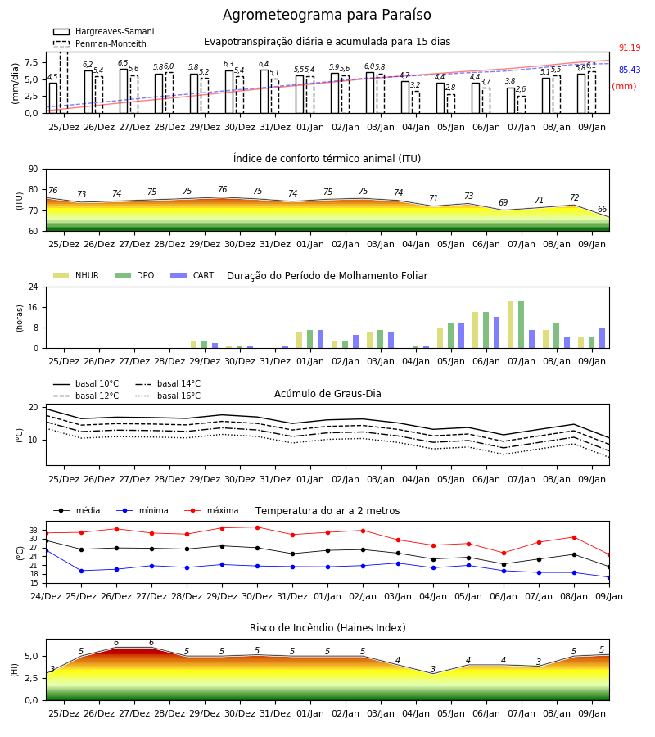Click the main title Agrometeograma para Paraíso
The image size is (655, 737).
pyautogui.click(x=327, y=15)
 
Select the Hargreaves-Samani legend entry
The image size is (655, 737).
pyautogui.click(x=103, y=31)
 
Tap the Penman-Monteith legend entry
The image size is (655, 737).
pyautogui.click(x=100, y=43)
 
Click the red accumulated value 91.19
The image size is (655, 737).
pyautogui.click(x=630, y=48)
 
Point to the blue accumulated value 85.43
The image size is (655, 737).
pyautogui.click(x=630, y=70)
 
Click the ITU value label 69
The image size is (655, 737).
pyautogui.click(x=504, y=202)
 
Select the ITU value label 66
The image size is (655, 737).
pyautogui.click(x=602, y=209)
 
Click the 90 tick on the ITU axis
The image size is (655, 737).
pyautogui.click(x=34, y=170)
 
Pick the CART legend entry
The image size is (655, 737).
pyautogui.click(x=192, y=275)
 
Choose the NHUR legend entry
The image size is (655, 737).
pyautogui.click(x=76, y=275)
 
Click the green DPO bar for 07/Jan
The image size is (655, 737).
pyautogui.click(x=521, y=325)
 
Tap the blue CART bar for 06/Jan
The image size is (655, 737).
pyautogui.click(x=497, y=332)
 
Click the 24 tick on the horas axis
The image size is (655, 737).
pyautogui.click(x=34, y=287)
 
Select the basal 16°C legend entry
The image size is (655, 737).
pyautogui.click(x=168, y=396)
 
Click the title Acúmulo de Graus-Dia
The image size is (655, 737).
pyautogui.click(x=327, y=394)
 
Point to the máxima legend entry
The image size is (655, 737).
pyautogui.click(x=211, y=510)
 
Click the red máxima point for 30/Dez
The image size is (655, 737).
pyautogui.click(x=257, y=527)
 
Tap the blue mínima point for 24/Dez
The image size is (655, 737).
pyautogui.click(x=46, y=550)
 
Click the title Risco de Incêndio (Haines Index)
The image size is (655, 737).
pyautogui.click(x=327, y=628)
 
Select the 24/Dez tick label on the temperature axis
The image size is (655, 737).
pyautogui.click(x=46, y=596)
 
